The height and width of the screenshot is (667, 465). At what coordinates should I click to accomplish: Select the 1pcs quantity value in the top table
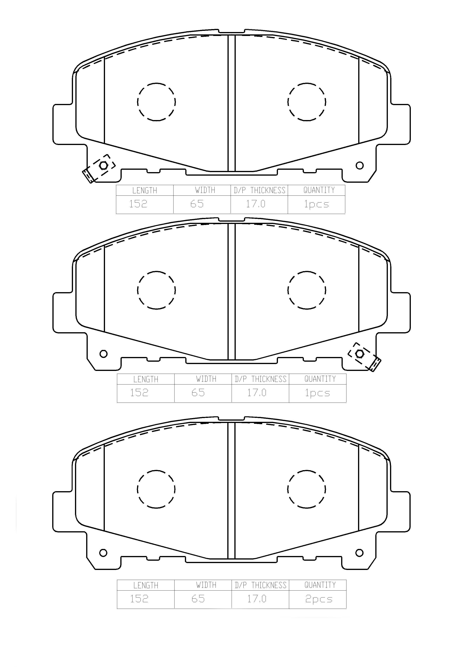[x=316, y=204]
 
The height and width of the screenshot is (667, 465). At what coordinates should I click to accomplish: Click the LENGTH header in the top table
[x=144, y=191]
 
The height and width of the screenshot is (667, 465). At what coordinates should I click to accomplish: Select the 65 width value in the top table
[x=197, y=204]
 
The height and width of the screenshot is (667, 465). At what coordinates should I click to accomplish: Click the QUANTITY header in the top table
[x=319, y=190]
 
